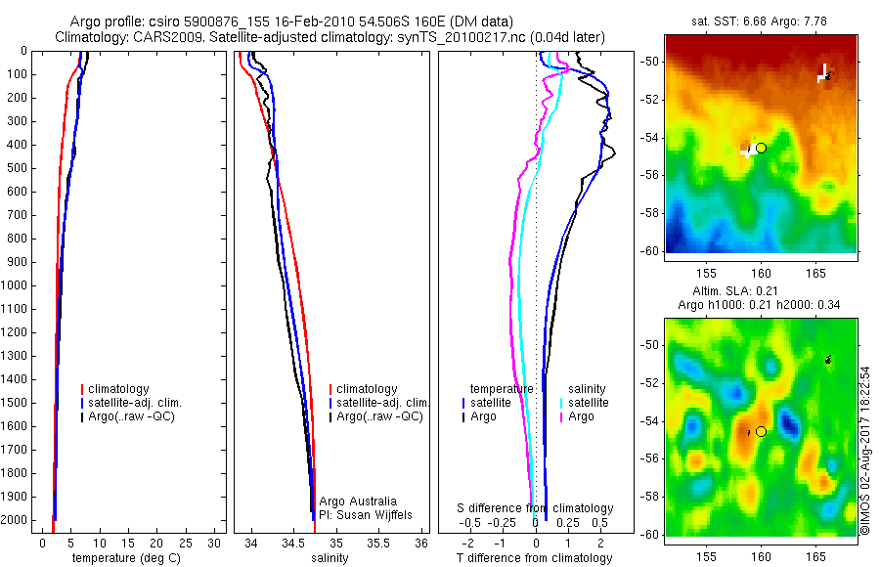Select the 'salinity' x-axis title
click(x=330, y=558)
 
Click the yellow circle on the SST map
click(x=761, y=148)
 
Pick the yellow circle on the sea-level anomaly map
click(x=761, y=431)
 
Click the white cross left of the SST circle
click(x=748, y=153)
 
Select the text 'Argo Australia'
click(x=358, y=501)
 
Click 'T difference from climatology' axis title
click(x=534, y=558)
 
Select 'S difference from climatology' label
click(x=536, y=508)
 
